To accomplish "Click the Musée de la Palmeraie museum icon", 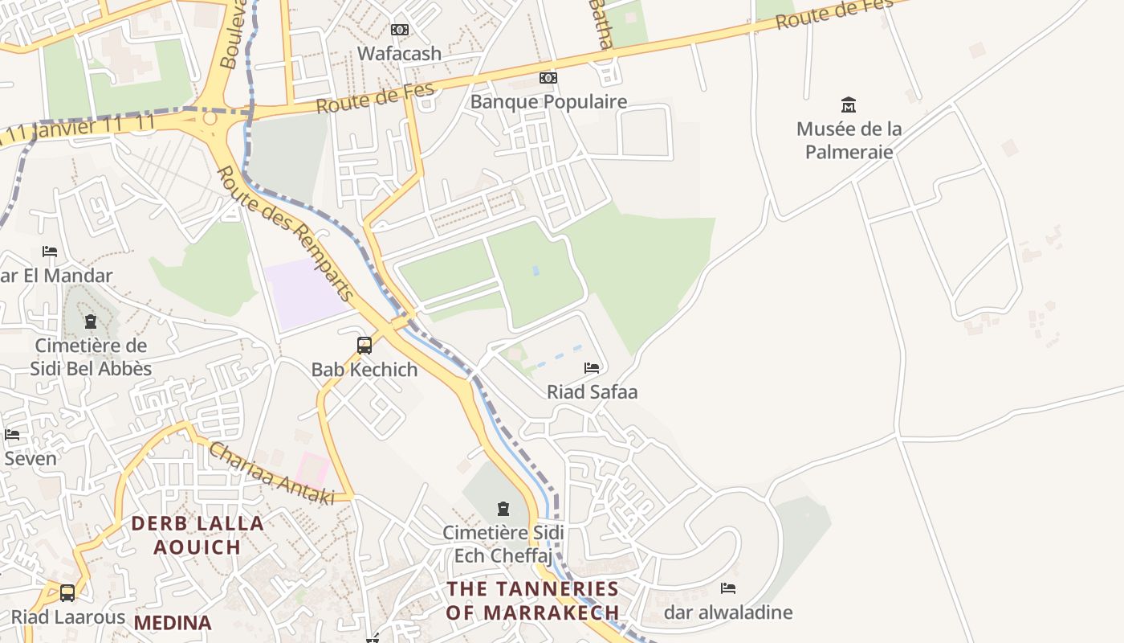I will tap(849, 104).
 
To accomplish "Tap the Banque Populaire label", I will tap(548, 102).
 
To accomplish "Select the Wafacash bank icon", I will tap(399, 30).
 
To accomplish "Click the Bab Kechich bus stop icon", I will tap(364, 346).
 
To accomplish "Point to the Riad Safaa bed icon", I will tap(592, 368).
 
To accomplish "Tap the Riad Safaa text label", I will tap(592, 392).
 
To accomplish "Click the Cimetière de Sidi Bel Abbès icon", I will tap(91, 321).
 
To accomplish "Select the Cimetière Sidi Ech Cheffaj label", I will tap(503, 544).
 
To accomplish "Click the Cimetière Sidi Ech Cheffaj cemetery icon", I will tap(503, 509).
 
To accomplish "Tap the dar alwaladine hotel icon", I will tap(728, 588).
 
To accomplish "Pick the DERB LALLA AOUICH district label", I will tap(198, 535).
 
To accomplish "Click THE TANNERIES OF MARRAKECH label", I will tap(533, 600).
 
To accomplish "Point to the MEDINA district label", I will tap(173, 623).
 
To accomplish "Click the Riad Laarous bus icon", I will tap(67, 593).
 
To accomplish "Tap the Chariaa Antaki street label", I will tap(271, 474).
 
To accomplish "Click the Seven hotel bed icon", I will tap(12, 435).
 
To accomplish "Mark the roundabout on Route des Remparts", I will tap(210, 119).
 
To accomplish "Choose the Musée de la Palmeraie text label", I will tap(849, 140).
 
